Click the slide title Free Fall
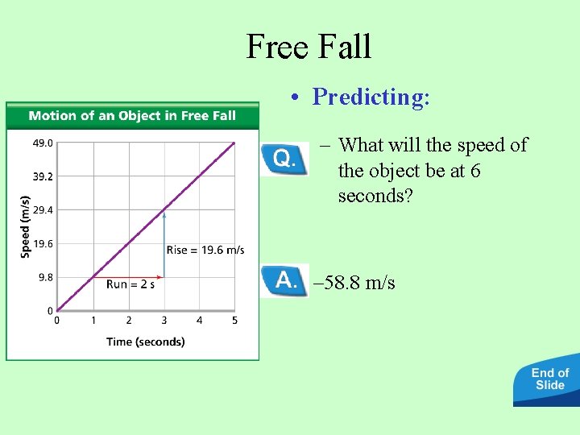coord(309,46)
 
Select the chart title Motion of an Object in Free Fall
coord(132,115)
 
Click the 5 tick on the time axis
coord(234,321)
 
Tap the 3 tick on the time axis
coord(164,321)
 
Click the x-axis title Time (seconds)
coord(145,342)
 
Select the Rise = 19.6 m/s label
coord(205,250)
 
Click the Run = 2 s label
coord(130,284)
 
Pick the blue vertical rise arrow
coord(164,242)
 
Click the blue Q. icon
coord(284,159)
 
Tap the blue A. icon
coord(284,280)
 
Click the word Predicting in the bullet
coord(371,97)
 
